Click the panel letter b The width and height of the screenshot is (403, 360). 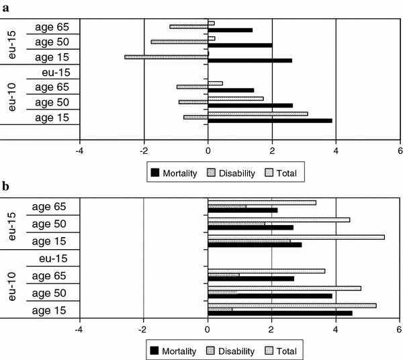5,187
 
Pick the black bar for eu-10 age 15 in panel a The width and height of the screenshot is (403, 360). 270,121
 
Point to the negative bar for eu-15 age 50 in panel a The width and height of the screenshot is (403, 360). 179,42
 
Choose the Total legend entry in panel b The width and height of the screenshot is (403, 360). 285,351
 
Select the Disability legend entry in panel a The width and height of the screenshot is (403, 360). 232,173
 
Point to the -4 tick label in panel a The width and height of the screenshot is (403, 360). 79,150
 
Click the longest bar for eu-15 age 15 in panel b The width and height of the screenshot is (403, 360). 296,237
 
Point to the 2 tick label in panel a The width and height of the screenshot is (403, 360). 272,150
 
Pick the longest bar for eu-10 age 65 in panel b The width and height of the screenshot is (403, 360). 266,271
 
